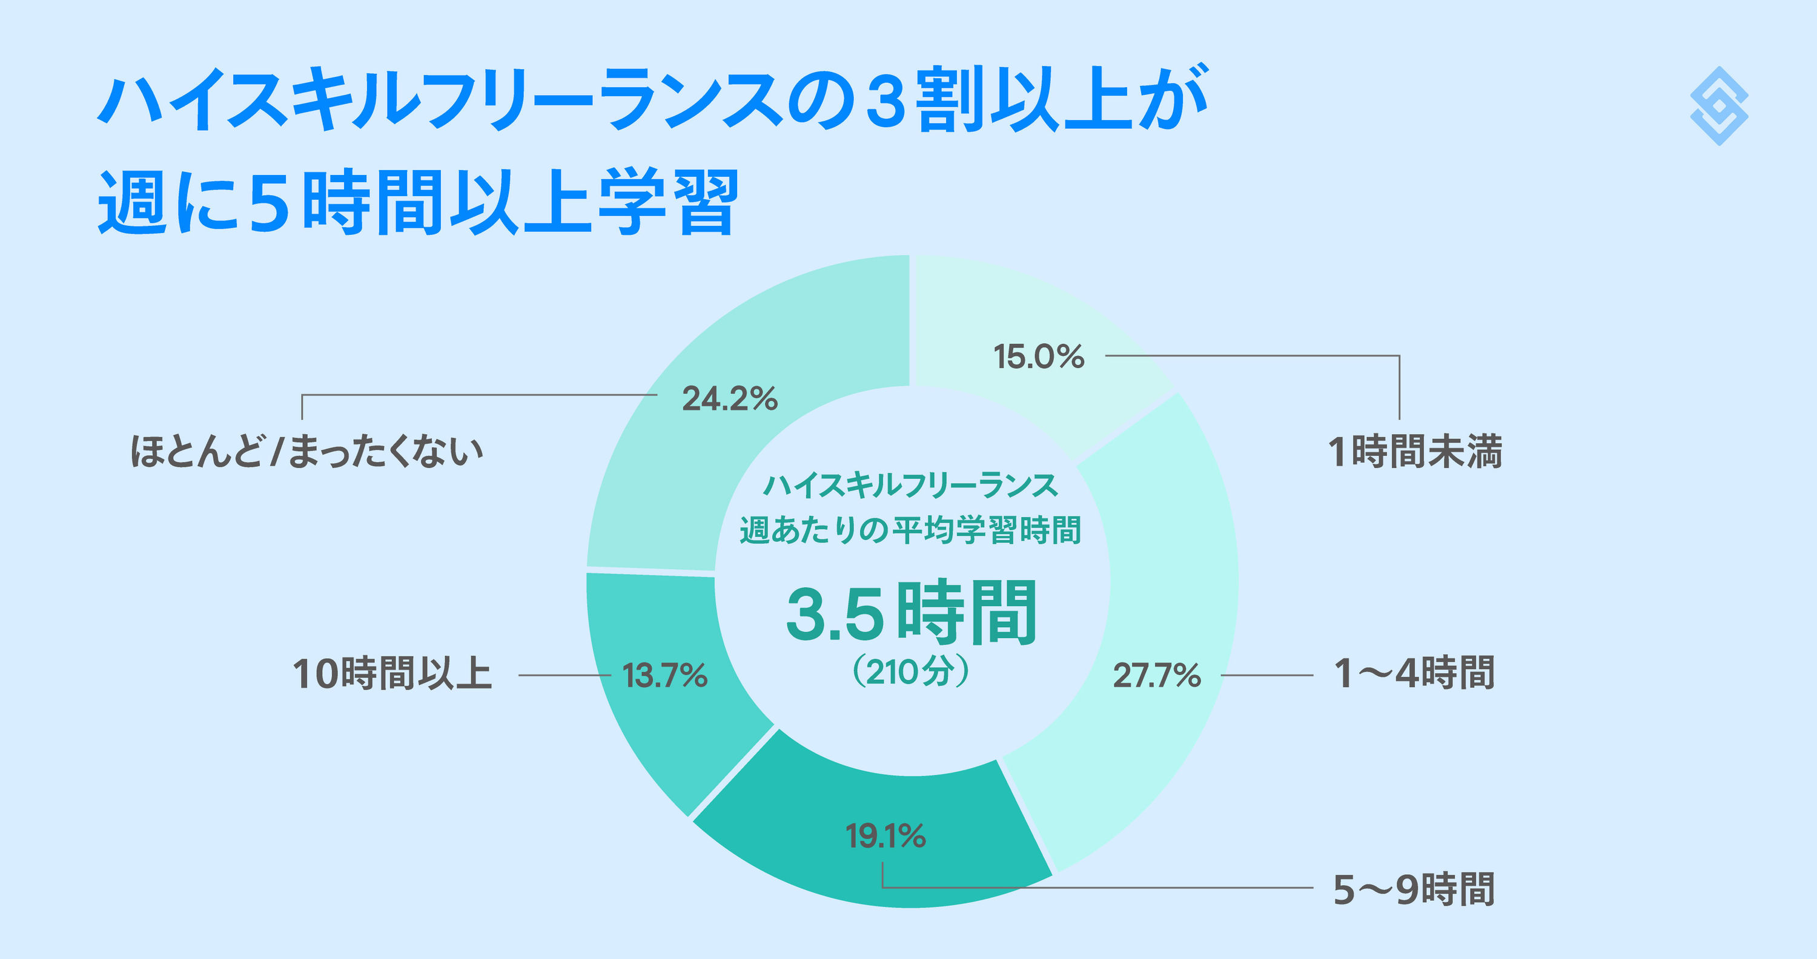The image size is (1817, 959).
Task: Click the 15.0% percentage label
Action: [x=1038, y=357]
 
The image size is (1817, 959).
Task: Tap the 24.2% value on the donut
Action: [x=729, y=399]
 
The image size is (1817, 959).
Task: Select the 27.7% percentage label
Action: [x=1157, y=676]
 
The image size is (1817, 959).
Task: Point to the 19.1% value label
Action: [x=885, y=836]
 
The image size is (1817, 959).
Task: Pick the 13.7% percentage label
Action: [x=664, y=676]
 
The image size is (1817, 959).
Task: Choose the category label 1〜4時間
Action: [x=1414, y=673]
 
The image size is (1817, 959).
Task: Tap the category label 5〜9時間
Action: [x=1414, y=889]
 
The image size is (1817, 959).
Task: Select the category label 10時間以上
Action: [x=392, y=673]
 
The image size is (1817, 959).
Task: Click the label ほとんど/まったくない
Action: [x=307, y=451]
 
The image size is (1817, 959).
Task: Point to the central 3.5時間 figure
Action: [x=912, y=613]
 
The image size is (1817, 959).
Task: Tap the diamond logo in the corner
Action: [x=1719, y=106]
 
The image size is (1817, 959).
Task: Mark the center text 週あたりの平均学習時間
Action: [x=910, y=530]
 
